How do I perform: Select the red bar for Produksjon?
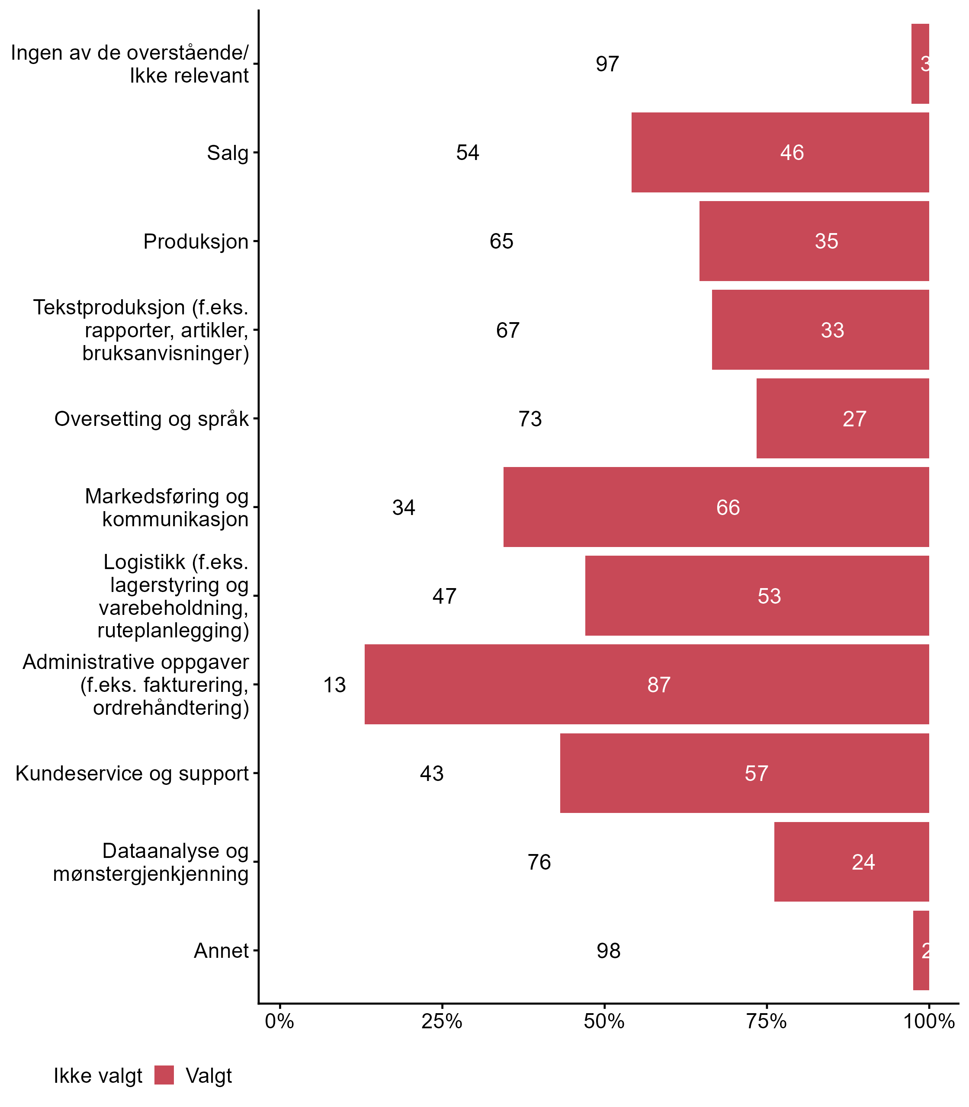[814, 241]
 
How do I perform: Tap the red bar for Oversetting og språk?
[843, 419]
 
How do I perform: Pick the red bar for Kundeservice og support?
[744, 773]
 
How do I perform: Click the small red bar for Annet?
[921, 950]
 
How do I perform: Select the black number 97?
[607, 64]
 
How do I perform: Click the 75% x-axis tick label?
[766, 1021]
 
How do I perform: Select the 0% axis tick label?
[279, 1021]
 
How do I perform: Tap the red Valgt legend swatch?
[164, 1075]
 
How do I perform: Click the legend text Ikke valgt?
[98, 1076]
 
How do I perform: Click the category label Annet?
[221, 951]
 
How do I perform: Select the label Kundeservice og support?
[132, 774]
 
